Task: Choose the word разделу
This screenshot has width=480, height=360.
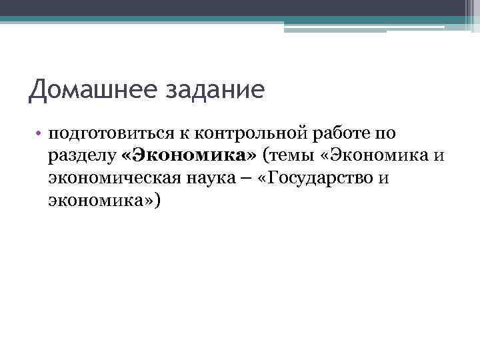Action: pyautogui.click(x=82, y=157)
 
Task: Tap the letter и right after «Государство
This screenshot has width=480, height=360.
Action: pyautogui.click(x=383, y=179)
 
